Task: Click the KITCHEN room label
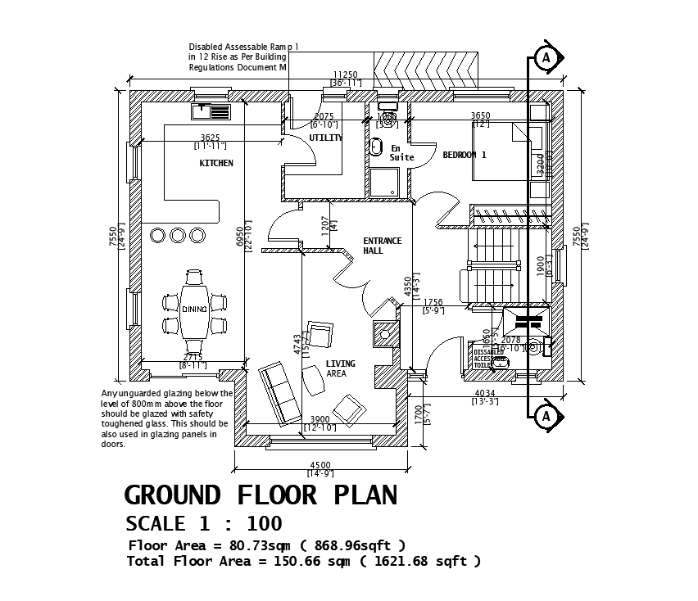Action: pyautogui.click(x=216, y=164)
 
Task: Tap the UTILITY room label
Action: pyautogui.click(x=325, y=138)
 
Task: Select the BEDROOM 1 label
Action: pyautogui.click(x=465, y=155)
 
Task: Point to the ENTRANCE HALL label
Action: pyautogui.click(x=383, y=246)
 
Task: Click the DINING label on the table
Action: pyautogui.click(x=194, y=310)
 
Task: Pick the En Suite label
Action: pyautogui.click(x=401, y=153)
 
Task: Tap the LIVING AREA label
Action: pyautogui.click(x=340, y=368)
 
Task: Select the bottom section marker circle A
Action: pyautogui.click(x=546, y=417)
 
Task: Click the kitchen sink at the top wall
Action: pyautogui.click(x=211, y=111)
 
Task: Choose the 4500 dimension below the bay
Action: pyautogui.click(x=320, y=465)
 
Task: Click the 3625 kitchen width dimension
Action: pyautogui.click(x=210, y=138)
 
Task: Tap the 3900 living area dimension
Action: pyautogui.click(x=320, y=419)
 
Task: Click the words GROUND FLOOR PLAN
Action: pyautogui.click(x=261, y=495)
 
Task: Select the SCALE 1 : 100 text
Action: pyautogui.click(x=203, y=524)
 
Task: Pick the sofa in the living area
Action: pyautogui.click(x=279, y=394)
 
